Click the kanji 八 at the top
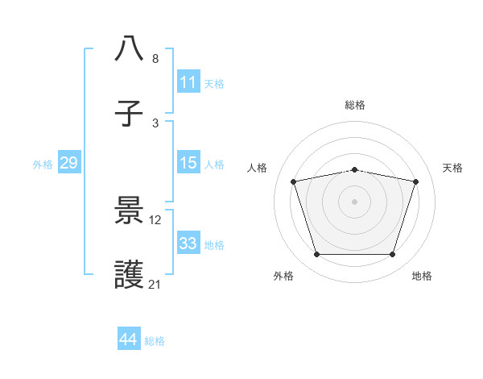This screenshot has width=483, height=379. point(130,49)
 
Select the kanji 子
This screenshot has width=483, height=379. point(130,113)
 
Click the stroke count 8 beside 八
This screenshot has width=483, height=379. point(155,59)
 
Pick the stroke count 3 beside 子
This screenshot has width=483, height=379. point(155,123)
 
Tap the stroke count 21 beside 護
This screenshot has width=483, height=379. point(155,284)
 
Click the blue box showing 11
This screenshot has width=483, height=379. point(188,82)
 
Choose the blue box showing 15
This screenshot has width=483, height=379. point(188,163)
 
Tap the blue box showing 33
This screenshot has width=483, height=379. point(188,244)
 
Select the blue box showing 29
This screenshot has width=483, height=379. point(68,163)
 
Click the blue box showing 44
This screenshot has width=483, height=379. point(128,339)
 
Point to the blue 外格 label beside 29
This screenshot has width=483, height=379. point(43,164)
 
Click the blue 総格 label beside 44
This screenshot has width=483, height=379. point(155,341)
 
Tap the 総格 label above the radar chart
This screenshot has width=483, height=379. point(355,105)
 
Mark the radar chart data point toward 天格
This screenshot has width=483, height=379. point(415,181)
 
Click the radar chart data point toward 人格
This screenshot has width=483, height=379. point(294,181)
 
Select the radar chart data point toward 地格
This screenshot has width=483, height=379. point(392,255)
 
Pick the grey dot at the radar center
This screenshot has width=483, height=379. point(355,202)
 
